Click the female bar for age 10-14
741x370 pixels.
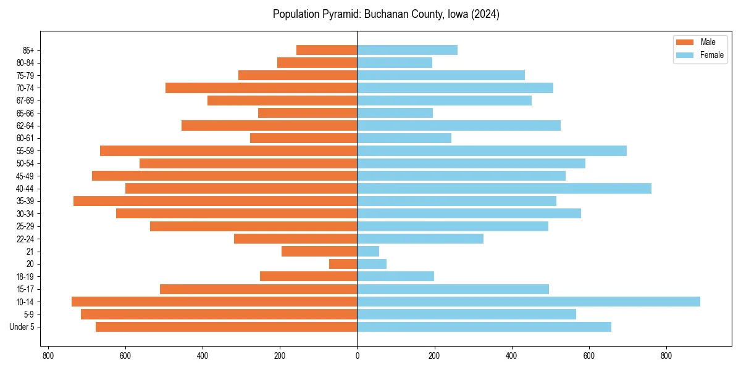click(x=529, y=302)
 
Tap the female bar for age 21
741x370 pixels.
click(x=368, y=251)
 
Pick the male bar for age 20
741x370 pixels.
click(x=343, y=264)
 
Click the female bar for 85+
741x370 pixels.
click(x=407, y=50)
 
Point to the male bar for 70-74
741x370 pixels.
click(x=261, y=88)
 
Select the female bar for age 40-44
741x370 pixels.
click(x=504, y=189)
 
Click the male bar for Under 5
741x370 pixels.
click(x=226, y=327)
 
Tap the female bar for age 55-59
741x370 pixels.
click(x=492, y=150)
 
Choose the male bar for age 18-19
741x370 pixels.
click(x=309, y=276)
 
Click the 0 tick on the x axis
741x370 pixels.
click(x=357, y=356)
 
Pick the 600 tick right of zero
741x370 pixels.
click(x=588, y=356)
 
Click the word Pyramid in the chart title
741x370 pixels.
click(x=339, y=14)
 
